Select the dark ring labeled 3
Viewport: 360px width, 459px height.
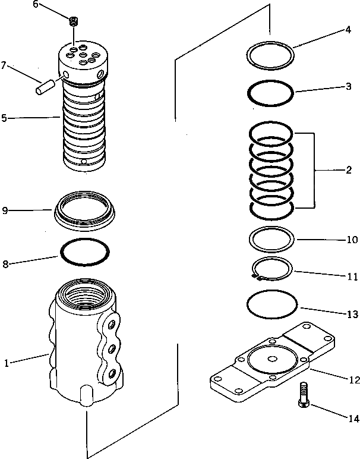[270, 93]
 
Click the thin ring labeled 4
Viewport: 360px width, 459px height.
[271, 57]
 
